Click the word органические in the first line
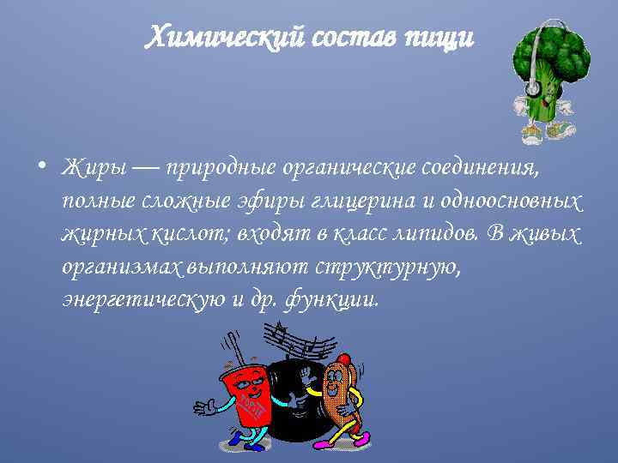(355, 166)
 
